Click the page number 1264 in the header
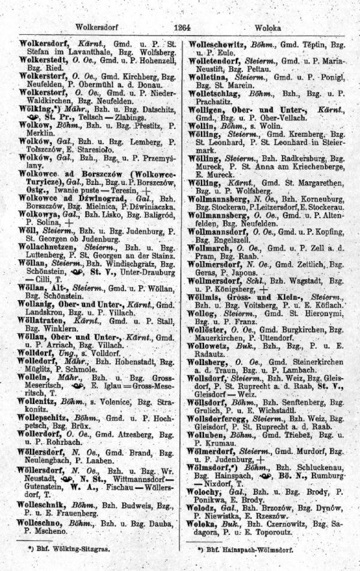[x=182, y=27]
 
